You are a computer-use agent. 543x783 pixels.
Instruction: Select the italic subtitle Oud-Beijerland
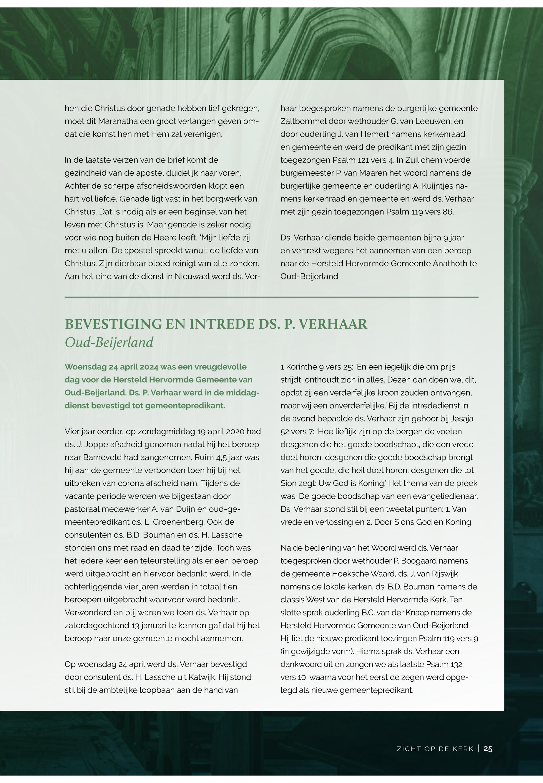coord(109,342)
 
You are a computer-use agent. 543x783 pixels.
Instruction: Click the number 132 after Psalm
coord(456,664)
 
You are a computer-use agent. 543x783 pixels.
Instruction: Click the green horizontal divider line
coord(271,297)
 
